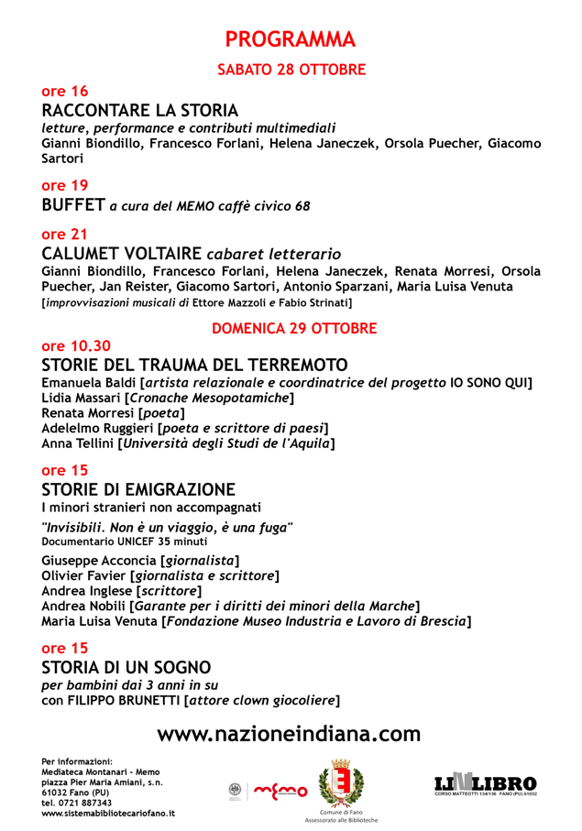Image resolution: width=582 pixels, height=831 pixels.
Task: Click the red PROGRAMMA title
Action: pos(291,38)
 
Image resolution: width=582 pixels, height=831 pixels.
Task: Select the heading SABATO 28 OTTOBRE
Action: pos(291,69)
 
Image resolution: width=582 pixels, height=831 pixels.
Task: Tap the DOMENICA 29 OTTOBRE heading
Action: pos(293,327)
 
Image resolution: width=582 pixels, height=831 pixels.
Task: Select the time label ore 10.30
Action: pos(76,346)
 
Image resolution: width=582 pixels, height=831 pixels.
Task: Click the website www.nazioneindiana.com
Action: pos(290,734)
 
